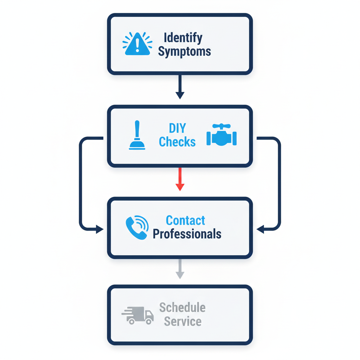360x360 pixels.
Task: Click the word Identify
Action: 183,38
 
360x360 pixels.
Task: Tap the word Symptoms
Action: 184,52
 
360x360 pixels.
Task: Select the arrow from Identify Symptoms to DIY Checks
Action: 180,86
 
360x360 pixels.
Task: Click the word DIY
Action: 178,128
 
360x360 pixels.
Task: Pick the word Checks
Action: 177,142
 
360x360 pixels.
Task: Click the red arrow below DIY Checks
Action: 180,179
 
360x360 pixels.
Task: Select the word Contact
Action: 185,220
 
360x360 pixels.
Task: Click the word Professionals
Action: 187,234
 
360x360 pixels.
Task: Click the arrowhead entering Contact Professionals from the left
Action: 99,230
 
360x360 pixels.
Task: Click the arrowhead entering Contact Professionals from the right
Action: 261,230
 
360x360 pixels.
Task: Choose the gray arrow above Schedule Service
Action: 180,269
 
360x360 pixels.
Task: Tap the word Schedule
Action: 182,308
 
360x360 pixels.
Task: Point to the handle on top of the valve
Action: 221,126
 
